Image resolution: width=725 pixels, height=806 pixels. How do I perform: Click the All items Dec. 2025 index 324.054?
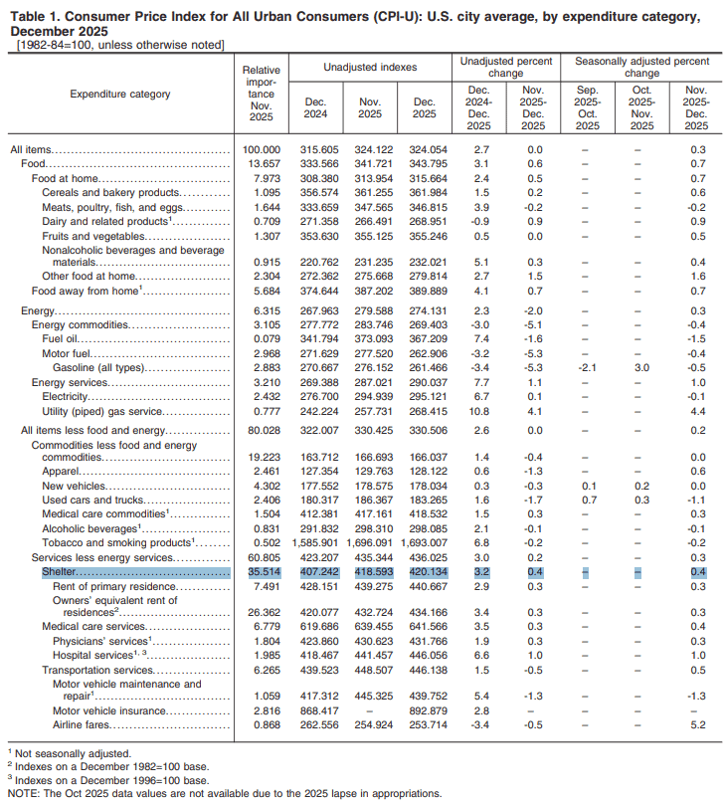click(x=424, y=149)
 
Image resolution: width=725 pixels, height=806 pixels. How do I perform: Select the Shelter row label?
click(x=61, y=573)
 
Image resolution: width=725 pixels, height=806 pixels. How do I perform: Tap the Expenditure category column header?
click(x=120, y=95)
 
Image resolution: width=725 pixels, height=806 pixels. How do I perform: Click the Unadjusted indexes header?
click(x=370, y=67)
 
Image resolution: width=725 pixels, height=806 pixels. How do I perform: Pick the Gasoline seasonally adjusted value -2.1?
click(x=588, y=367)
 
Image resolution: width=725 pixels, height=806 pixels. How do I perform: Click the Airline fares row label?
click(x=83, y=725)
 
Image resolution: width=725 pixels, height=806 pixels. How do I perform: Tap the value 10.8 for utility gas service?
click(x=478, y=410)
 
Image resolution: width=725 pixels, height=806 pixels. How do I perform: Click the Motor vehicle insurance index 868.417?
click(x=314, y=711)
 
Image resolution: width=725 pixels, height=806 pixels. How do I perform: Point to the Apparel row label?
click(x=61, y=471)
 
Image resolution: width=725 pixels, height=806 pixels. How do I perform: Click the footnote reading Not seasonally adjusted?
click(x=74, y=754)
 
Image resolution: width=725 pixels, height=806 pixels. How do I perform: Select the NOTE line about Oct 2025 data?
click(x=225, y=793)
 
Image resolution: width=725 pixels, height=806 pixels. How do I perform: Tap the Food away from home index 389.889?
click(x=424, y=291)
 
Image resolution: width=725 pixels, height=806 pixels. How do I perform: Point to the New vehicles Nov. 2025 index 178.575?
click(x=370, y=486)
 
